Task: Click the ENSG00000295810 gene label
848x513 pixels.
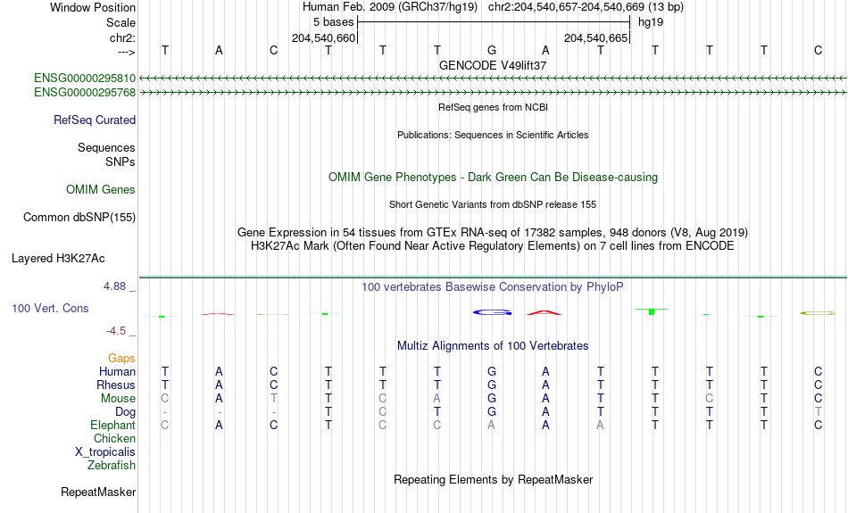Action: click(x=85, y=79)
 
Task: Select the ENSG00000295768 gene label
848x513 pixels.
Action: click(x=85, y=93)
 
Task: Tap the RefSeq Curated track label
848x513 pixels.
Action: click(x=95, y=120)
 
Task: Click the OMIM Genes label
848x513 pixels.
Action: click(x=101, y=190)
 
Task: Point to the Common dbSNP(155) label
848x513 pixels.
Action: click(x=79, y=218)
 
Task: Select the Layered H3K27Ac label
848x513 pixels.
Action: click(x=58, y=259)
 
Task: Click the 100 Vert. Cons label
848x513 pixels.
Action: click(x=50, y=308)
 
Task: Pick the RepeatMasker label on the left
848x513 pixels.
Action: click(x=98, y=492)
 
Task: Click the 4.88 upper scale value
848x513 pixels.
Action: click(x=114, y=286)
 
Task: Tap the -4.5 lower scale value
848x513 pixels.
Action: click(x=116, y=331)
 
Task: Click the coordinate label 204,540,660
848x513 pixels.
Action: click(x=323, y=37)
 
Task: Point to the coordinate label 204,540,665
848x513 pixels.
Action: click(x=596, y=37)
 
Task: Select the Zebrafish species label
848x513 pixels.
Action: click(x=112, y=466)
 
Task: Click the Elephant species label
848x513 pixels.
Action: click(x=112, y=426)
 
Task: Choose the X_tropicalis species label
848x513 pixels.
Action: click(x=105, y=452)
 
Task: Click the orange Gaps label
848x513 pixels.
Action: click(x=121, y=359)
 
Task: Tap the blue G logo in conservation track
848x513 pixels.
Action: click(x=492, y=312)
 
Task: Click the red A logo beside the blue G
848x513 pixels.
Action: click(x=545, y=312)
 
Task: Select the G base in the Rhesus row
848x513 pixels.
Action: click(x=492, y=385)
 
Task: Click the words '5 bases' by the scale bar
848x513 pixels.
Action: click(x=333, y=22)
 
